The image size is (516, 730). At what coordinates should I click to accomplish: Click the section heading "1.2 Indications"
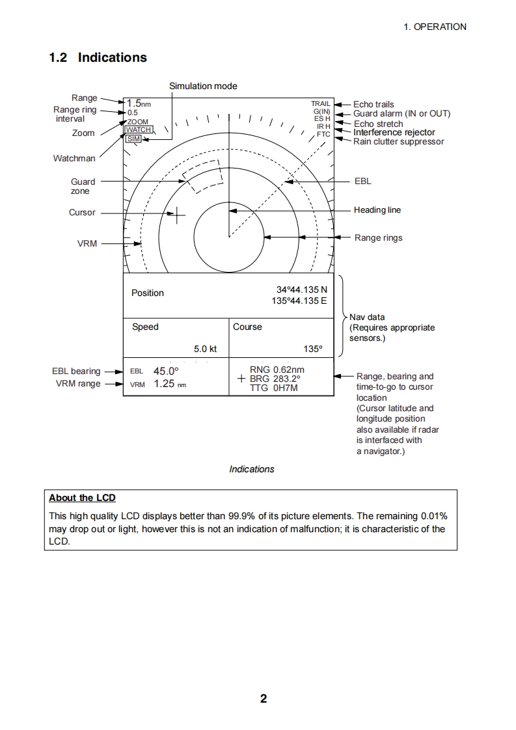[x=98, y=57]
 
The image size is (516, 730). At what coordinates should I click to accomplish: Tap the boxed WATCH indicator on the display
[x=139, y=129]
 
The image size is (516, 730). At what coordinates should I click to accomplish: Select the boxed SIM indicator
[x=133, y=139]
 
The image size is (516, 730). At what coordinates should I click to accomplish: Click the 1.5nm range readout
[x=139, y=103]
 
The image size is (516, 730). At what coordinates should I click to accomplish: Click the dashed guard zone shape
[x=202, y=176]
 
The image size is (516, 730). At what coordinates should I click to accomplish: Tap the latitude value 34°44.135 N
[x=302, y=290]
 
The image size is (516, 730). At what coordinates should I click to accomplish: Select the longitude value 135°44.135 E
[x=299, y=301]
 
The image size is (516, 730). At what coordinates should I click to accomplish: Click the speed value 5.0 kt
[x=205, y=349]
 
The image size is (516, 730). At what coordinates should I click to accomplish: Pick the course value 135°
[x=313, y=349]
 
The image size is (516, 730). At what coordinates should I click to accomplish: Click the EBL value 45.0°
[x=166, y=372]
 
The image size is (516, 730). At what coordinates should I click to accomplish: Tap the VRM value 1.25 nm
[x=165, y=384]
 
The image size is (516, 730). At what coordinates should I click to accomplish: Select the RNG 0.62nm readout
[x=277, y=370]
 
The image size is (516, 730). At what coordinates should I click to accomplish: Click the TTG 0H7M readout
[x=273, y=388]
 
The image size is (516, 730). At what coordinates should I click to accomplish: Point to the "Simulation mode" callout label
[x=203, y=86]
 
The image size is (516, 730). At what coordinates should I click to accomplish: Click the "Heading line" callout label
[x=377, y=210]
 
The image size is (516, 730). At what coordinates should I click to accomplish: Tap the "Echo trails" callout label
[x=373, y=104]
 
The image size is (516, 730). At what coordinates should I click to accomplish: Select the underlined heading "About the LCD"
[x=82, y=498]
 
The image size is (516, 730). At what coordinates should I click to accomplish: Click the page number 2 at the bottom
[x=264, y=699]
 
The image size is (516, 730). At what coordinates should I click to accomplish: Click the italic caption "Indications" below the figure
[x=252, y=469]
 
